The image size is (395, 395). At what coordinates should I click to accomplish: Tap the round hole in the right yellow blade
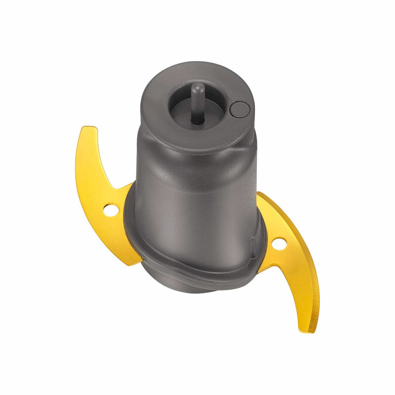click(278, 243)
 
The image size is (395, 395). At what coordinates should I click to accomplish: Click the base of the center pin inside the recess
click(197, 120)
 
